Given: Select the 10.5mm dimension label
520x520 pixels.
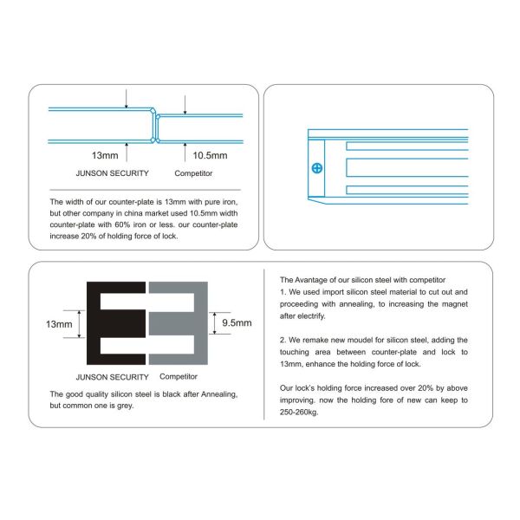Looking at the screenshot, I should (x=209, y=156).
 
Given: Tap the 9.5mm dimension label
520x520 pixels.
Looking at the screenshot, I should (x=237, y=322).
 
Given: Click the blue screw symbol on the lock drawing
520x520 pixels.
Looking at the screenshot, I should (x=318, y=167).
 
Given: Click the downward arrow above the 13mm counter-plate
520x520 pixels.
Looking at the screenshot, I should (x=127, y=98).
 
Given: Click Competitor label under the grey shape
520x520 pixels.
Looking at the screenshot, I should (x=179, y=377).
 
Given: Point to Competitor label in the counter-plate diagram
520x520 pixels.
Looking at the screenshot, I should (x=192, y=173).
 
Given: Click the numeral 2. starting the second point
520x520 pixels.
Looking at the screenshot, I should (x=283, y=340).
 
